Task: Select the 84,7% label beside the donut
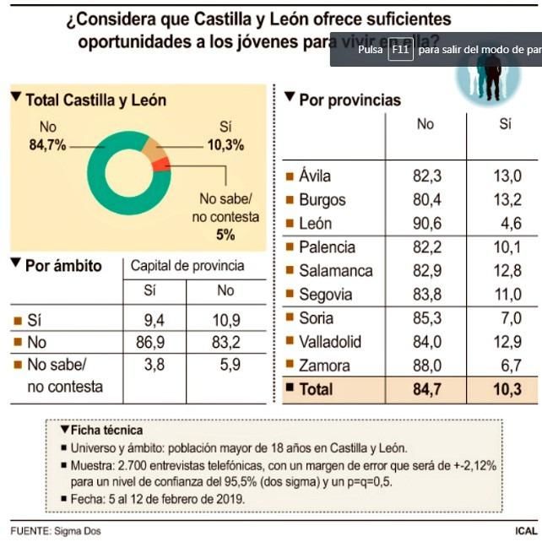47,145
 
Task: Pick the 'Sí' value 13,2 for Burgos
506,200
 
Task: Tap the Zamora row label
324,366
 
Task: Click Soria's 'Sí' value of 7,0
506,318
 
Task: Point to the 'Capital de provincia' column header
187,265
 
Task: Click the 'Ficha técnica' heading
107,430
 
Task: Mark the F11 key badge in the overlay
399,50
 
